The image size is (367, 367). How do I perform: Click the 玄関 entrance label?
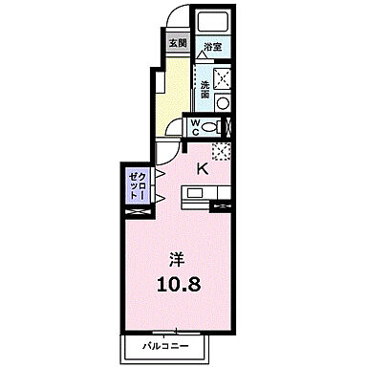click(x=178, y=43)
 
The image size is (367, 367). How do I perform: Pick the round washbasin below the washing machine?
click(x=226, y=102)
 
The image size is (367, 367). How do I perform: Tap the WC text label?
click(x=194, y=128)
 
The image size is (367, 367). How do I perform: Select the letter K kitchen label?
click(x=203, y=168)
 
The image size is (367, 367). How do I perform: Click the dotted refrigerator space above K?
click(x=221, y=150)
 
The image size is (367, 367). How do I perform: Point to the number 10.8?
click(x=179, y=287)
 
